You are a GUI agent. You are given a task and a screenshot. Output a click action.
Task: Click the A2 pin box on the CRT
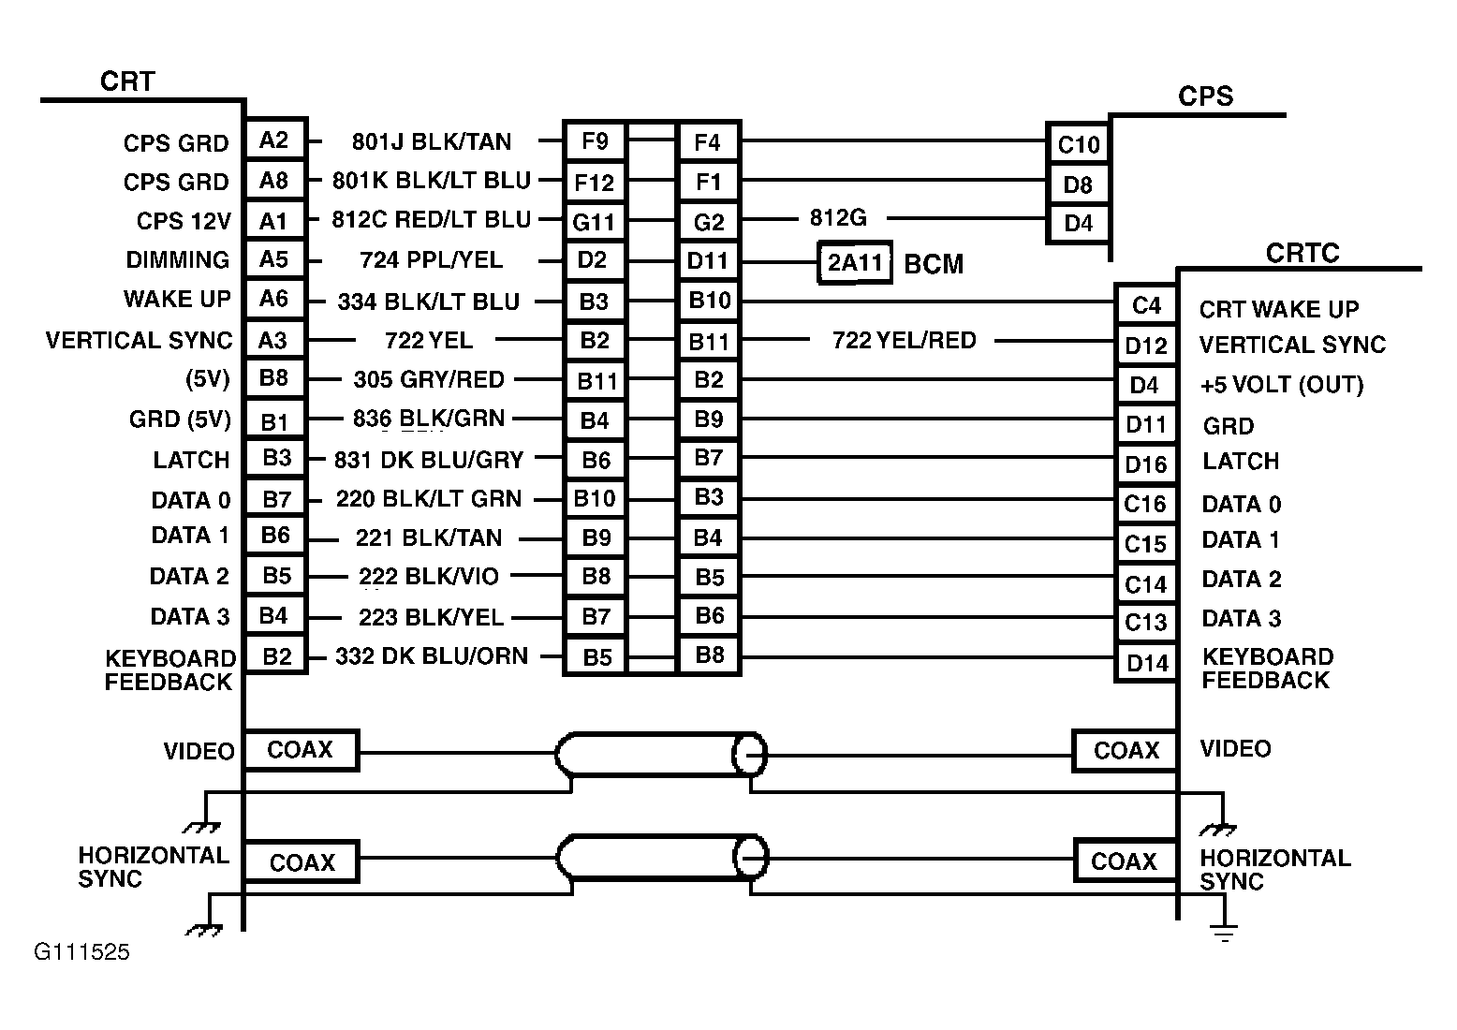pos(274,140)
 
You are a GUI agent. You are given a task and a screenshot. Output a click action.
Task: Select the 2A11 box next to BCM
pos(855,262)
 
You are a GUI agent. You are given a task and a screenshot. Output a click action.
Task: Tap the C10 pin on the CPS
pos(1078,144)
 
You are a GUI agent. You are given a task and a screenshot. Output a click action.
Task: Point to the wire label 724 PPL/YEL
pos(431,259)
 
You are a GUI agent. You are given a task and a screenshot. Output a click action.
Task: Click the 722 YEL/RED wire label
pos(904,340)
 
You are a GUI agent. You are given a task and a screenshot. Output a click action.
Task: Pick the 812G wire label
pos(838,218)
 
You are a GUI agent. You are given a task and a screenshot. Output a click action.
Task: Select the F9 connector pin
pos(595,141)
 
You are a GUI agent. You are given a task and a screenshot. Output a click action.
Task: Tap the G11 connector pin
pos(594,222)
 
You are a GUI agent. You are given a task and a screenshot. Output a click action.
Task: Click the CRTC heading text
pos(1302,254)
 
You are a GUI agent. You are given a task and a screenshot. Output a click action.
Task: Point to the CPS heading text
pos(1205,96)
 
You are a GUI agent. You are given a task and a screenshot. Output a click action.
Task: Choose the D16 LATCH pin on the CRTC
pos(1145,464)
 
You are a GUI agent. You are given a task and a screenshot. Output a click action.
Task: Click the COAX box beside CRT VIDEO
pos(301,750)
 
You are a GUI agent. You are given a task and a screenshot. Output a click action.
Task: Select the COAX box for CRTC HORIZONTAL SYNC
pos(1124,861)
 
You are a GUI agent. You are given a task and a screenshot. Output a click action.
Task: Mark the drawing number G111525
pos(82,953)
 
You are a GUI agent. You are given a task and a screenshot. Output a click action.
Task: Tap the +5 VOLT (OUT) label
pos(1281,385)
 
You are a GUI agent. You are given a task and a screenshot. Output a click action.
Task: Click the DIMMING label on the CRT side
pos(178,259)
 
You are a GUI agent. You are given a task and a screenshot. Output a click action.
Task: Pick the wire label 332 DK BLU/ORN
pos(432,656)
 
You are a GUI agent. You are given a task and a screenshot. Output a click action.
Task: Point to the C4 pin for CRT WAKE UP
pos(1146,305)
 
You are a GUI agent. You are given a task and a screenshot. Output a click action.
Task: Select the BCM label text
pos(933,264)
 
